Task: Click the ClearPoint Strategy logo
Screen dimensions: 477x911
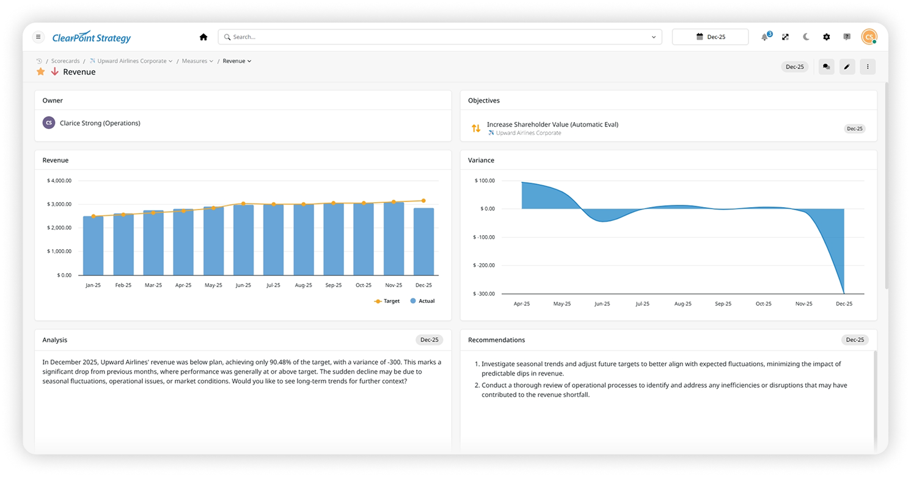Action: (x=91, y=38)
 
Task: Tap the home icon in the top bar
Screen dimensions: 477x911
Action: (x=203, y=37)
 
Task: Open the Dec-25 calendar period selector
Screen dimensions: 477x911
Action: (x=710, y=37)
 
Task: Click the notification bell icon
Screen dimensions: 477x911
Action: (x=764, y=37)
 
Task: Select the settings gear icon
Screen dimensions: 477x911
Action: (x=826, y=37)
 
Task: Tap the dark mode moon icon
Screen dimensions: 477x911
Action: (x=806, y=37)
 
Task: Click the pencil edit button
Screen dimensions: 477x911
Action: (x=846, y=67)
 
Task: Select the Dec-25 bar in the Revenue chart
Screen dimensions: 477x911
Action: (x=423, y=242)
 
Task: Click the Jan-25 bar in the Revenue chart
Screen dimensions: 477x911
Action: (x=93, y=246)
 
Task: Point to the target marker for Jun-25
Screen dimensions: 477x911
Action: (x=243, y=203)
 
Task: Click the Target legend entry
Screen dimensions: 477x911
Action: (x=387, y=301)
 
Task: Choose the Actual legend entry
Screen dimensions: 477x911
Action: (x=422, y=301)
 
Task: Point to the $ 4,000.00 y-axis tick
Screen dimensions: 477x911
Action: (x=59, y=181)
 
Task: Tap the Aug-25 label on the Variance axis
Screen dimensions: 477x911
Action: (x=682, y=304)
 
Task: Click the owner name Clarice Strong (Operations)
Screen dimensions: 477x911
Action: (x=100, y=123)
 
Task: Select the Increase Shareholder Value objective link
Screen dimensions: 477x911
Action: (x=552, y=125)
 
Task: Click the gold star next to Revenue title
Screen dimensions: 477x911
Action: (x=41, y=72)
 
